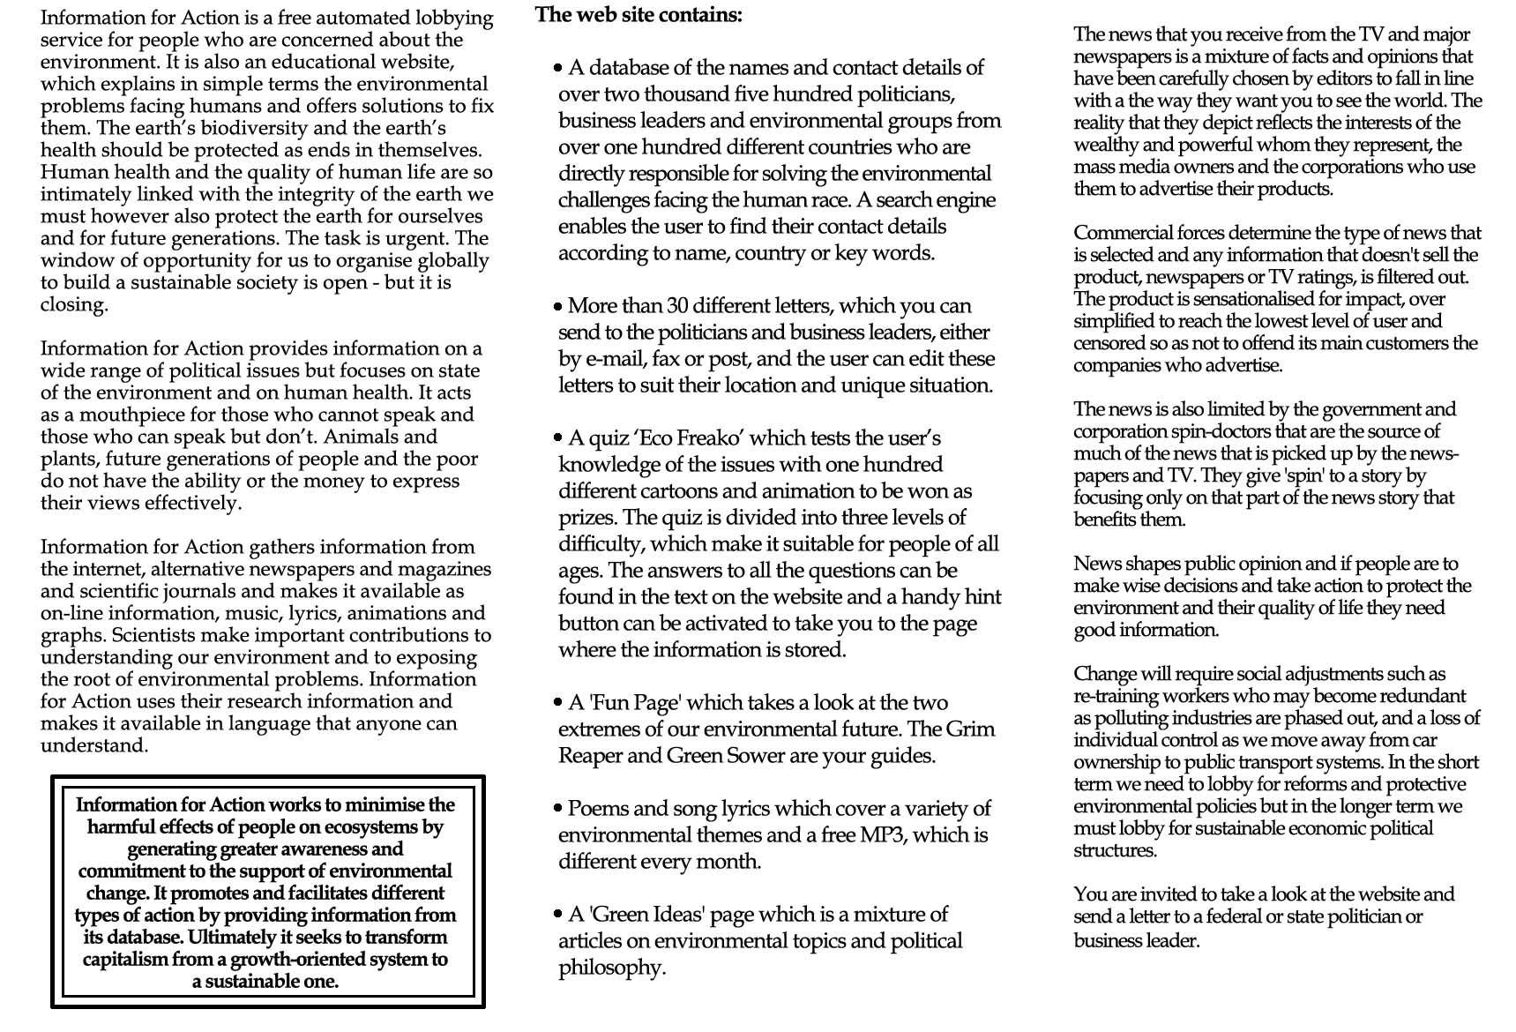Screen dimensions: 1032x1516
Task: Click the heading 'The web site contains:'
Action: point(639,15)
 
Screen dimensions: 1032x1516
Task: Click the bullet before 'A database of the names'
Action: point(558,68)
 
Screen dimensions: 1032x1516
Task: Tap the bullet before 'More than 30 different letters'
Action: point(558,307)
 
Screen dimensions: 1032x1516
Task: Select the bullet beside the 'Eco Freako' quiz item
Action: point(558,437)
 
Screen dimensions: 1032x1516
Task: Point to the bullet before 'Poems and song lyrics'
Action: point(558,808)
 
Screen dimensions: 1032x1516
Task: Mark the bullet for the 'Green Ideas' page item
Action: point(558,914)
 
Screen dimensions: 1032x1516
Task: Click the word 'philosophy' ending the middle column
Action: point(610,968)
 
